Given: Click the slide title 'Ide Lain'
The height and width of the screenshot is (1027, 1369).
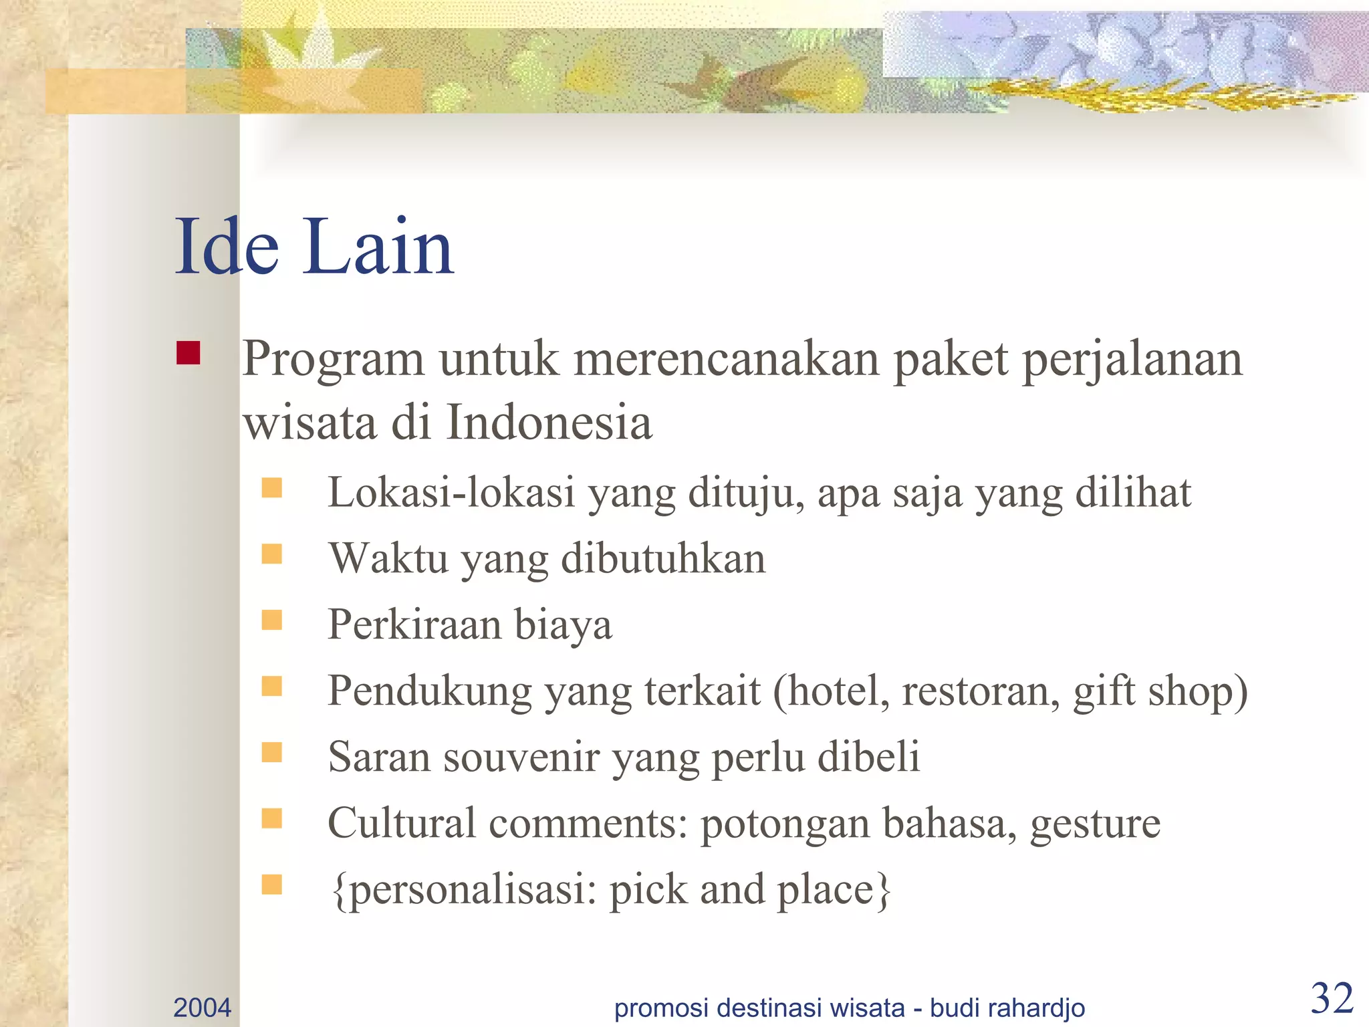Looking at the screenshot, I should pos(314,247).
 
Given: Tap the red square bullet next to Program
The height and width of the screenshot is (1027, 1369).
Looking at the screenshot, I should pos(189,353).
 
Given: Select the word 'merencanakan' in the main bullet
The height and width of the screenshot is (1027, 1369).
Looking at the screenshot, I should pos(727,359).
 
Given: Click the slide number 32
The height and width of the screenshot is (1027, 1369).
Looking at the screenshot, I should pos(1332,998).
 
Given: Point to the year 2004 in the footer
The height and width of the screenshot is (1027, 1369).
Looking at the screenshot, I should pos(202,1008).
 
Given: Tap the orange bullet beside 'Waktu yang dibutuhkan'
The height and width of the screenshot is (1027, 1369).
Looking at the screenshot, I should pos(271,554).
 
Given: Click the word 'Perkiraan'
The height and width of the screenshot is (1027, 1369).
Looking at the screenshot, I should pos(414,624).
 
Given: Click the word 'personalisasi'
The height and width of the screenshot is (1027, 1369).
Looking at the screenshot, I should pos(468,891).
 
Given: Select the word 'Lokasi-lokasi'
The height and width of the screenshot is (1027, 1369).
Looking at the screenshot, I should pos(451,493).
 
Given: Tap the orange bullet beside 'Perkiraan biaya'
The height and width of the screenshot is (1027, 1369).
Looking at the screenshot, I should pos(271,620).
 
